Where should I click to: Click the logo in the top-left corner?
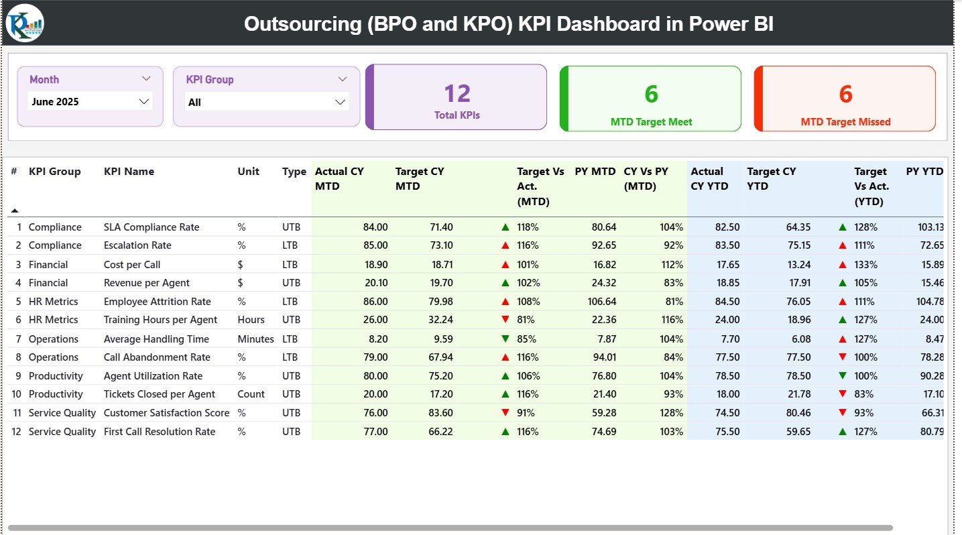(x=25, y=23)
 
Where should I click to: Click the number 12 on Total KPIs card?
(x=457, y=93)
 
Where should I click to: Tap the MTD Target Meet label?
(x=651, y=122)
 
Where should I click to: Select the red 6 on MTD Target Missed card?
(x=845, y=94)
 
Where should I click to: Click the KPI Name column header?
(x=129, y=172)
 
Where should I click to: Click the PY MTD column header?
(x=595, y=172)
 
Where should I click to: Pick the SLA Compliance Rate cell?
(x=152, y=227)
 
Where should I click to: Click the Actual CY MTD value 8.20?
(x=375, y=339)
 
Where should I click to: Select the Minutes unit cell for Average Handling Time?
(x=255, y=339)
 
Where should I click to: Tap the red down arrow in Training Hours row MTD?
(x=505, y=320)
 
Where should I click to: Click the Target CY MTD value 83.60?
(x=440, y=413)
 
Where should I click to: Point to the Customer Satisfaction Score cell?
(x=166, y=413)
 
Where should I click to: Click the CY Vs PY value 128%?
(x=671, y=413)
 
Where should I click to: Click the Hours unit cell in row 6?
(x=251, y=320)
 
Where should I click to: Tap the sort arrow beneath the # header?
(x=15, y=211)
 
